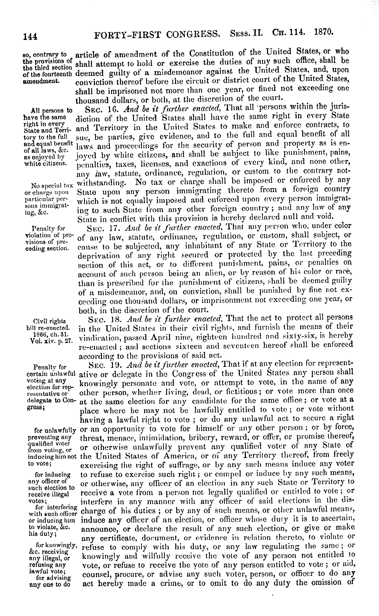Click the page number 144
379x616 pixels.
point(30,37)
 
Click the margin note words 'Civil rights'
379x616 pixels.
point(49,322)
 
